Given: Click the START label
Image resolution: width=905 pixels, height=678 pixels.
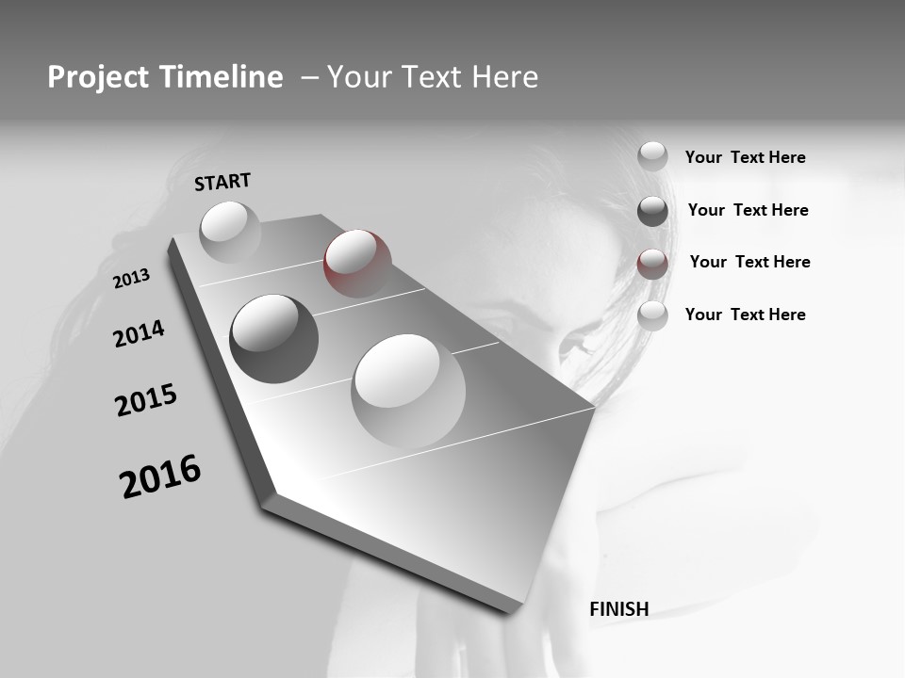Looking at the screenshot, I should [x=222, y=182].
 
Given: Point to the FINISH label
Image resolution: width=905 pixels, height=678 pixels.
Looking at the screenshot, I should [x=618, y=609].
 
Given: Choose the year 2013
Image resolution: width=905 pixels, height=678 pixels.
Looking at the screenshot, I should [x=131, y=279].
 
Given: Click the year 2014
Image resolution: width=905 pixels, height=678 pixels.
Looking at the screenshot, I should [x=139, y=333].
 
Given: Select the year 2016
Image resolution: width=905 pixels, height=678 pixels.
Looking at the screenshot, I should [x=160, y=476].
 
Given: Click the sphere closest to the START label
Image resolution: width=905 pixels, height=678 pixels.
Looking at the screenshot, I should [x=230, y=232].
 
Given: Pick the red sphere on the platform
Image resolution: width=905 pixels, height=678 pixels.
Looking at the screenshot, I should [x=356, y=263].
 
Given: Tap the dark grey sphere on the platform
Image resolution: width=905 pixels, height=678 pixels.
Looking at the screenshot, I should [x=273, y=338].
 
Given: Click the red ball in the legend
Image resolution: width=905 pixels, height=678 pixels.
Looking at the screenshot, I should [x=652, y=264].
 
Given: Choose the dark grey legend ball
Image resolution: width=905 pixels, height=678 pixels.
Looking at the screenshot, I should [x=652, y=211].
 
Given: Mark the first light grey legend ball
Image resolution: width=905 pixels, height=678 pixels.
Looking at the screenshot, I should [x=652, y=156].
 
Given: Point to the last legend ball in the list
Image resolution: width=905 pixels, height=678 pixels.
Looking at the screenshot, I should [x=652, y=316].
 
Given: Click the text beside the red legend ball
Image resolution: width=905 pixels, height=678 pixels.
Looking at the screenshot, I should [x=749, y=262].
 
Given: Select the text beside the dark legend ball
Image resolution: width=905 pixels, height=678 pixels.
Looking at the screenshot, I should [x=748, y=210].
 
